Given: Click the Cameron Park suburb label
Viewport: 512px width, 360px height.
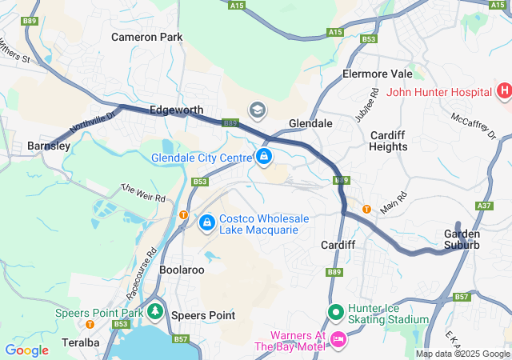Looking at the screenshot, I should pos(146,37).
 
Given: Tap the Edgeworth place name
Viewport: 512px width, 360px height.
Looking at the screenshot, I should pos(176,110).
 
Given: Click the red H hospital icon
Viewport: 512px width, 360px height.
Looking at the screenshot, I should pos(504,91).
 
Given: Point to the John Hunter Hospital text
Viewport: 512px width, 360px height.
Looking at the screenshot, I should pos(439,91).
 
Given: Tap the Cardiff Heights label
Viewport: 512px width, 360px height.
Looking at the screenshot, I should pos(388,141).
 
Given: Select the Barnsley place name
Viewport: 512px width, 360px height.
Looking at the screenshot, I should pos(49,146).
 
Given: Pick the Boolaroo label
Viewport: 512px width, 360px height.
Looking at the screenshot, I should pos(182,270).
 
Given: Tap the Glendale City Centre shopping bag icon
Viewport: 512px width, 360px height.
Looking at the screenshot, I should pos(264,155).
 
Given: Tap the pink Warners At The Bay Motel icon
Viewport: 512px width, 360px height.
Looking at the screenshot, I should pos(338,340).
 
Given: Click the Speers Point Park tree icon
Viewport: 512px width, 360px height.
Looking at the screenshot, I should pos(154,312).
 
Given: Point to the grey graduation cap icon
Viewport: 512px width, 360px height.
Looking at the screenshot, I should pos(258,110).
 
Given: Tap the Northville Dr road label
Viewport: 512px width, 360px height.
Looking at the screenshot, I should pos(93,122).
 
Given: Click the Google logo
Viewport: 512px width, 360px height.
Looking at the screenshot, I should pos(26,350).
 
